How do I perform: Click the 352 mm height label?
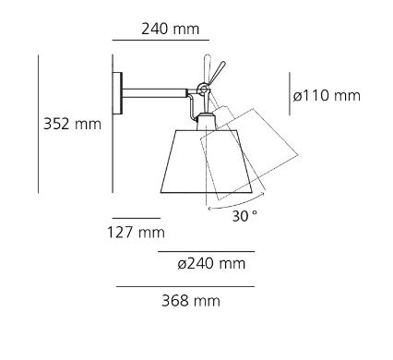[x=72, y=124]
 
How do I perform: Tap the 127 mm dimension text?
[x=136, y=232]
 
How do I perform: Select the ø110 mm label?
[x=327, y=95]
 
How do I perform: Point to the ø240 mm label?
[x=211, y=264]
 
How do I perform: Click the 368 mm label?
[x=191, y=301]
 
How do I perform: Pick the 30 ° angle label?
[x=244, y=216]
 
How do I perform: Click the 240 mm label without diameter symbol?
[x=171, y=29]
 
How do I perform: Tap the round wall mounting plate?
[x=117, y=93]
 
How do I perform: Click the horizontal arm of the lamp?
[x=154, y=93]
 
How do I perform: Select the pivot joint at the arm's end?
[x=203, y=89]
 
